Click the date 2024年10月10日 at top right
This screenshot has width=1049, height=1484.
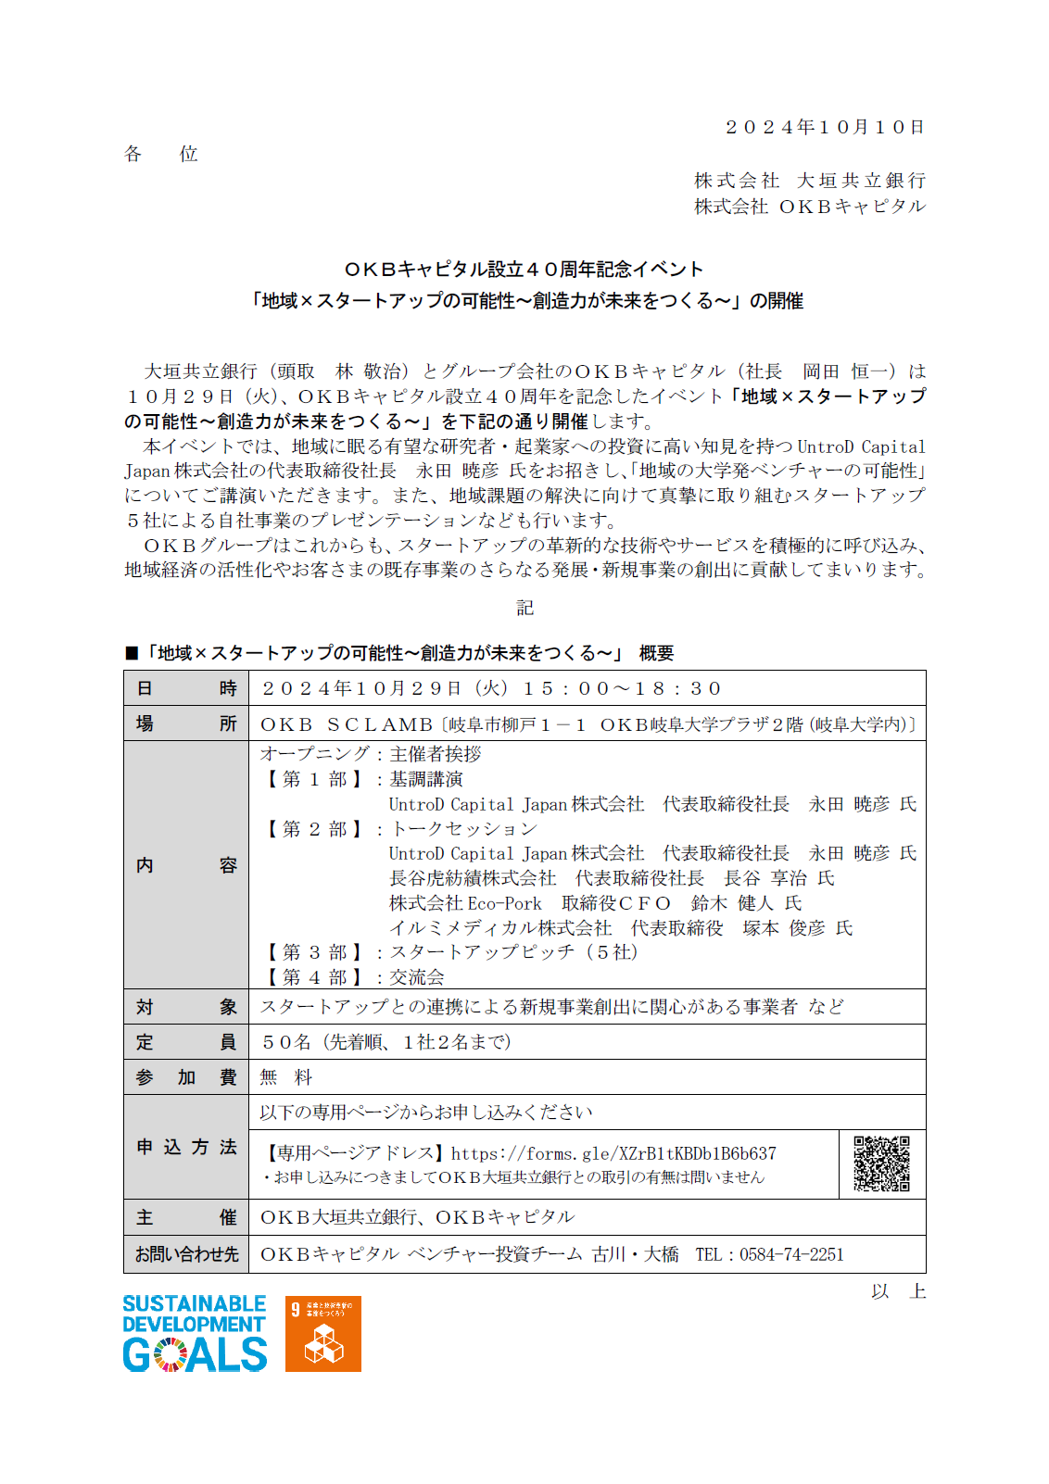tap(825, 127)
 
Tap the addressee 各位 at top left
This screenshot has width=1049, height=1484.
tap(161, 154)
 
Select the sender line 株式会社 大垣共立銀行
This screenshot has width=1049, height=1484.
tap(810, 181)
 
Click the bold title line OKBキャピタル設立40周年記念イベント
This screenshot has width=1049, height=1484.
tap(524, 270)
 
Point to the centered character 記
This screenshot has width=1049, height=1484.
tap(524, 608)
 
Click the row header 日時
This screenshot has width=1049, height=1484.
tap(186, 688)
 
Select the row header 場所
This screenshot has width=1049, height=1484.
tap(186, 723)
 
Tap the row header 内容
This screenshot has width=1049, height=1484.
tap(186, 865)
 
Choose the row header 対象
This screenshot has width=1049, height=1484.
tap(186, 1007)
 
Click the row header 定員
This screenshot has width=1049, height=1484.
tap(186, 1042)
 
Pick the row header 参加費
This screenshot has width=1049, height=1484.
tap(186, 1077)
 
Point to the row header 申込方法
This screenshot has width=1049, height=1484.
tap(186, 1147)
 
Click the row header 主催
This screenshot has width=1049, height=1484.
tap(186, 1217)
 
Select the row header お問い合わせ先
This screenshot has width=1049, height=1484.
tap(186, 1254)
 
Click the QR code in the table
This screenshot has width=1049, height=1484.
tap(881, 1163)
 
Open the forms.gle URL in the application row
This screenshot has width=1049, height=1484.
tap(613, 1153)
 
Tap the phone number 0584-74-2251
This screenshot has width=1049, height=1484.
tap(791, 1254)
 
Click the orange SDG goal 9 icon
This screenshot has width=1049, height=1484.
tap(322, 1334)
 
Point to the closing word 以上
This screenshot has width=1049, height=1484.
tap(898, 1291)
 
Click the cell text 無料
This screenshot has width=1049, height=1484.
tap(286, 1077)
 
